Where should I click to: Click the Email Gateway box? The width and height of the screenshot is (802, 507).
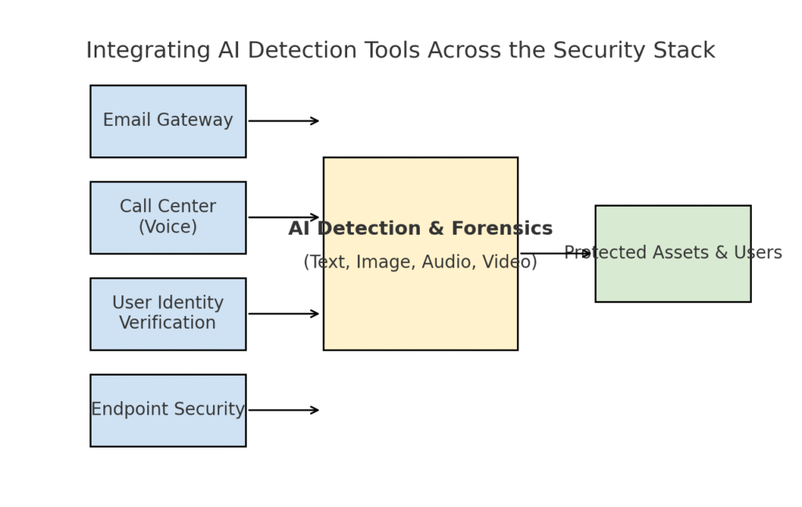tap(168, 121)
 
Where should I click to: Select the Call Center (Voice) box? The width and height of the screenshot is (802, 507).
tap(168, 218)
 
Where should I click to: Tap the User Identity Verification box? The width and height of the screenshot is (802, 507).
tap(168, 314)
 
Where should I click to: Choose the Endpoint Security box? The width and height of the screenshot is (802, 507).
tap(168, 410)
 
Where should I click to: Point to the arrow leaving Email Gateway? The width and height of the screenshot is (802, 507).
tap(284, 121)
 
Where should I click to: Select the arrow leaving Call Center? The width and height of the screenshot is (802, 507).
tap(284, 218)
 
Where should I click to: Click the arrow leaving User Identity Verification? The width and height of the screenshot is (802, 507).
tap(284, 314)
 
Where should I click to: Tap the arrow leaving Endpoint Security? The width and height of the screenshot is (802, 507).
tap(284, 410)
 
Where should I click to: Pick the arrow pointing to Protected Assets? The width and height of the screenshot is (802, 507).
tap(556, 253)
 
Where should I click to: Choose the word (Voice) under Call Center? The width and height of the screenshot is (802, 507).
tap(168, 227)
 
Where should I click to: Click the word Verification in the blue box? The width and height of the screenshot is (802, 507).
tap(168, 323)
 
